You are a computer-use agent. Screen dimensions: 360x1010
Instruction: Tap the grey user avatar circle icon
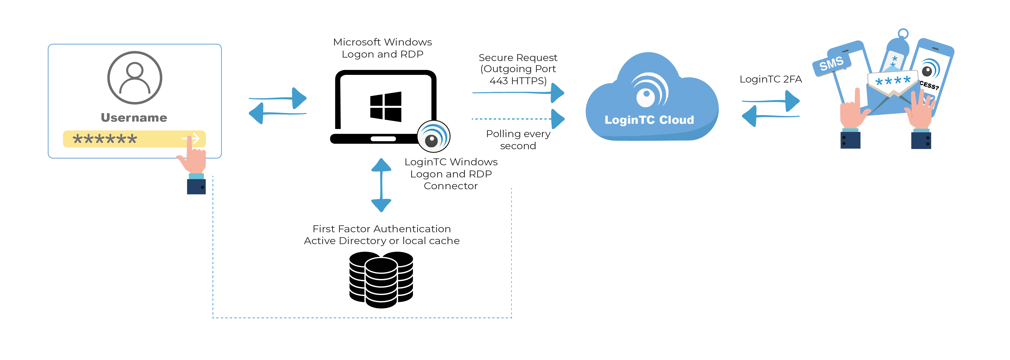coord(134,78)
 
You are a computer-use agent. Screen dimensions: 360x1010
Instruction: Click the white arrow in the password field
coord(191,138)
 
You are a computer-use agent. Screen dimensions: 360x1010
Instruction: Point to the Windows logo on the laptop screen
coord(386,107)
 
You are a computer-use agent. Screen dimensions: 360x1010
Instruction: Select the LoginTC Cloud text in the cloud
coord(649,120)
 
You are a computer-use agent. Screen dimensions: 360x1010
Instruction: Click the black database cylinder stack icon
coord(381,279)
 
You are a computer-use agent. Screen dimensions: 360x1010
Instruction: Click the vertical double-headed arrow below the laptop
coord(381,185)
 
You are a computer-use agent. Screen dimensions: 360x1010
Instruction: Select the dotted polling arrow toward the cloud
coord(517,118)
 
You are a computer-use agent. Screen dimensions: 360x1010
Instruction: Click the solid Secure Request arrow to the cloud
coord(517,93)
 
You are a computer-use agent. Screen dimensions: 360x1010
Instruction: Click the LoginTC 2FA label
coord(771,79)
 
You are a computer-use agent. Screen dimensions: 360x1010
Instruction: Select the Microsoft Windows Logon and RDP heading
coord(382,48)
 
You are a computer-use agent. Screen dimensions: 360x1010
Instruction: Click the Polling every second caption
coord(518,140)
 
